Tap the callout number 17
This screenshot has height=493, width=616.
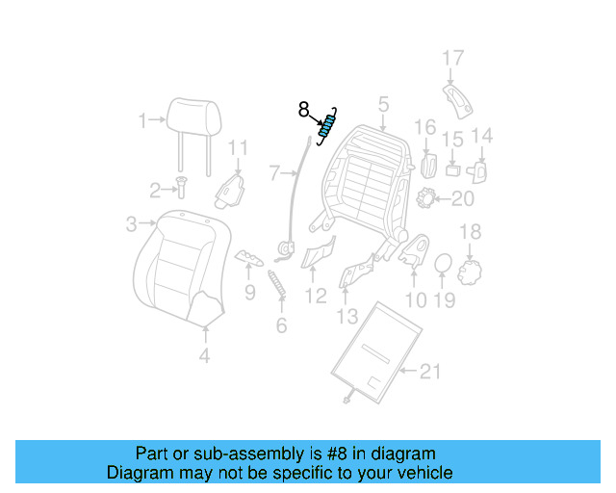[453, 59]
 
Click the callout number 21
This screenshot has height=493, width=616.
[430, 371]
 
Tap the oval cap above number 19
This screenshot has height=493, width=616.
[442, 265]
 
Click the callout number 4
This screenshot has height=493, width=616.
[204, 355]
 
